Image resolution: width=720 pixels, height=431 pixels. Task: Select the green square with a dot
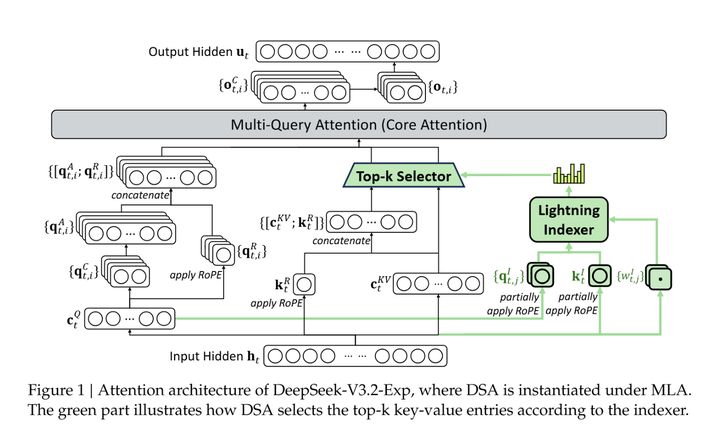[661, 276]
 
